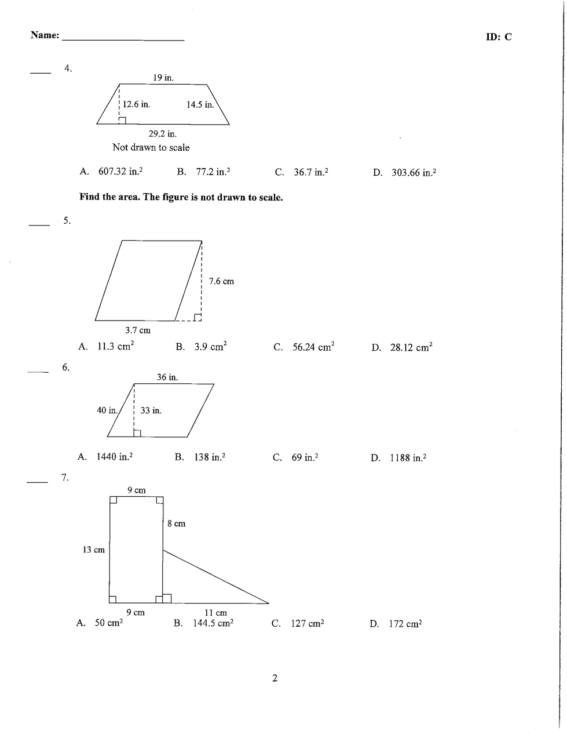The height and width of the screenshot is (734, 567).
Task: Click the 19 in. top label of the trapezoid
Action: [163, 78]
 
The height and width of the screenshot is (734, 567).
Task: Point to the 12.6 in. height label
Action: [136, 104]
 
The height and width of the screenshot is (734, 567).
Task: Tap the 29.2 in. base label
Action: [163, 134]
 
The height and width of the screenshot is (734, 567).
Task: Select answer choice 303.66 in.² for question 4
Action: [413, 173]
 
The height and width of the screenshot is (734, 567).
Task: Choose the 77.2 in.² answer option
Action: [212, 172]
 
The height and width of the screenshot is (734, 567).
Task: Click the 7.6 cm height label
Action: [221, 281]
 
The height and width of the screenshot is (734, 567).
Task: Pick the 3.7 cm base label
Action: [138, 330]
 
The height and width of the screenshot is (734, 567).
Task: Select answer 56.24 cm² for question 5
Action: [313, 347]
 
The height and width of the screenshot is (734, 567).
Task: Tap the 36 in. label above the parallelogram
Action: [167, 377]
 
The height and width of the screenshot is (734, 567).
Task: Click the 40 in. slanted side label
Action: [107, 410]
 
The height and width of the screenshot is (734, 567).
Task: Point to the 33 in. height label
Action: [151, 410]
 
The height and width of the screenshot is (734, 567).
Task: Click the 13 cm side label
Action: [94, 550]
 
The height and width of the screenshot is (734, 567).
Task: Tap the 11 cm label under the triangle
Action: [216, 612]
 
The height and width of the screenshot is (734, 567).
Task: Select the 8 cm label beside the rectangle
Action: [177, 524]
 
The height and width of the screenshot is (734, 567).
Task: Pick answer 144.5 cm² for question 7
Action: [213, 623]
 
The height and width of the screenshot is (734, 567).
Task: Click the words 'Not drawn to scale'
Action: [151, 148]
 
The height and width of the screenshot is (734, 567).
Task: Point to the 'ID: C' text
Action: [499, 37]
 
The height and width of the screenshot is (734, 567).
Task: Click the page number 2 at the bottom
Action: [275, 678]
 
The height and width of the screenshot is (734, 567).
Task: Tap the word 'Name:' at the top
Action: [45, 35]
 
